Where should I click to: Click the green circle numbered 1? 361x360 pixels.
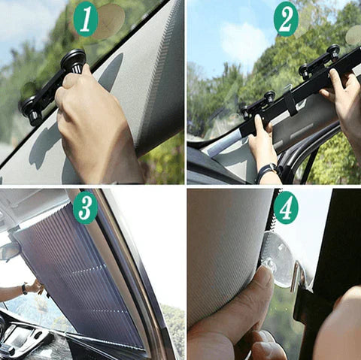pos(86,20)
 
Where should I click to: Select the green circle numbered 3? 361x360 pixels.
pos(86,207)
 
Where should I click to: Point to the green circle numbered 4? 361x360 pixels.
pos(286,207)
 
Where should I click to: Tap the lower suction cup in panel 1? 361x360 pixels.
pos(31,108)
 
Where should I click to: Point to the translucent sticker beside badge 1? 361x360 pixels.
pos(111,19)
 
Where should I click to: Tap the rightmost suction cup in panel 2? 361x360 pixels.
pos(332,52)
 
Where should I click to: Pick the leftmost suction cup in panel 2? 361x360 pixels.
pos(244,110)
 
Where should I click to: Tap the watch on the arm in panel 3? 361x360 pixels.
pos(25,289)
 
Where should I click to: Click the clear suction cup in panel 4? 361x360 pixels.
pos(280,259)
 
